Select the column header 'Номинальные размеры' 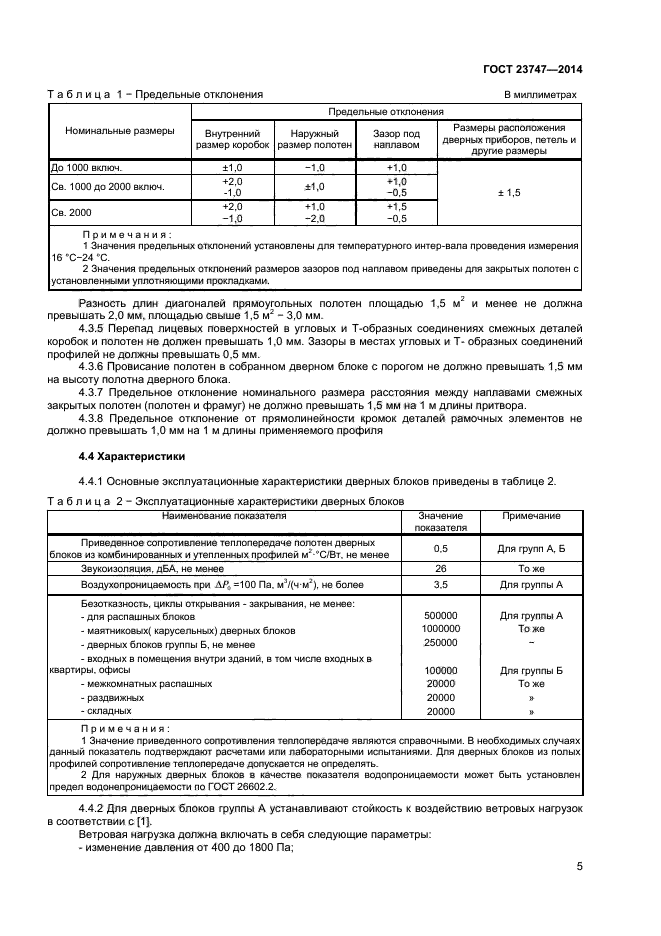[x=120, y=131]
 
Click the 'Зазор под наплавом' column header [x=396, y=139]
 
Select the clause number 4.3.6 [x=95, y=367]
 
